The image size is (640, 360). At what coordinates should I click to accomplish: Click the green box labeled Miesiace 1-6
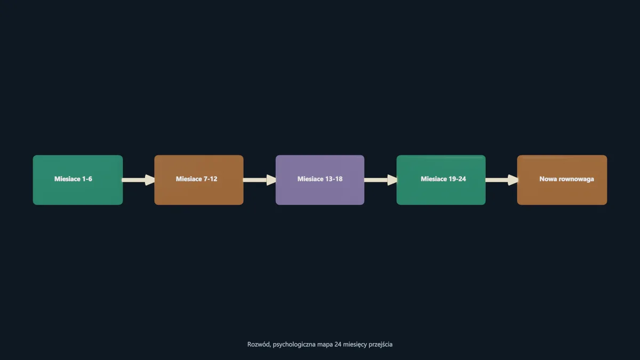pos(78,180)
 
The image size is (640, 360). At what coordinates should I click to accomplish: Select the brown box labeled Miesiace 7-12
pos(199,180)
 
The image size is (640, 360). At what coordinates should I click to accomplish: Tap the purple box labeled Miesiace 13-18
pos(319,180)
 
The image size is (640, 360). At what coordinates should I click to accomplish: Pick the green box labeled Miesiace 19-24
pos(441,180)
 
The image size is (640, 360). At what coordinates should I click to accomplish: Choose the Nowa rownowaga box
pos(562,180)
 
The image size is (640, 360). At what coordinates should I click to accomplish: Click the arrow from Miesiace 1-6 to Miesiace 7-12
pos(139,180)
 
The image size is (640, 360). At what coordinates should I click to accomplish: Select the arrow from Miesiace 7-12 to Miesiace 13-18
pos(260,180)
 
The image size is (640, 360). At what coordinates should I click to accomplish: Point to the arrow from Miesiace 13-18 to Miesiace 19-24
pos(381,180)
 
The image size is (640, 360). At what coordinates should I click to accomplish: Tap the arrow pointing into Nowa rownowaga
pos(502,180)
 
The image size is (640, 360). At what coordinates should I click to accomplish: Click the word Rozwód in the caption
pos(259,345)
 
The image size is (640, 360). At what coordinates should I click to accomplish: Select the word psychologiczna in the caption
pos(294,345)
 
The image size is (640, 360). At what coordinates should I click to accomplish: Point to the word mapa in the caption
pos(325,345)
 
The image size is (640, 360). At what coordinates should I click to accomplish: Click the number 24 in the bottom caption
pos(338,345)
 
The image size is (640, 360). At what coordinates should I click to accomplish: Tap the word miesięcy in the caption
pos(355,345)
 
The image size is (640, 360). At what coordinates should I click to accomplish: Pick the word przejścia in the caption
pos(380,345)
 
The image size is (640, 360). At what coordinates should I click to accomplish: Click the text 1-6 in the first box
pos(87,179)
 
